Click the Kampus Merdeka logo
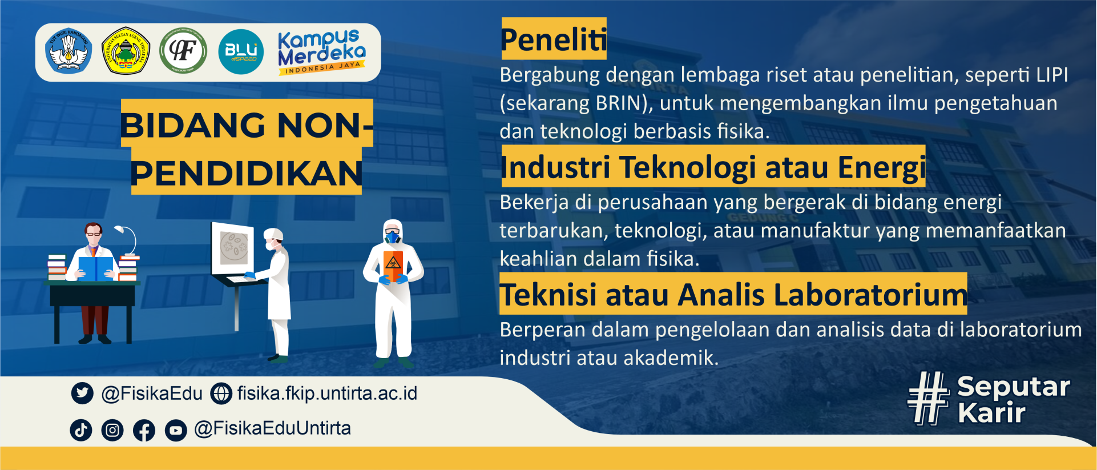322,52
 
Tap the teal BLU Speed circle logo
241,52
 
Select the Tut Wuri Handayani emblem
68,51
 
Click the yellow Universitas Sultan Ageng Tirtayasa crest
126,51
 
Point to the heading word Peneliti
553,39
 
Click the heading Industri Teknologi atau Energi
713,167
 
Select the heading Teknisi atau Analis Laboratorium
733,295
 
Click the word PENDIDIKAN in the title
247,174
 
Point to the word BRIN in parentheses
618,103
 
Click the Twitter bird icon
82,393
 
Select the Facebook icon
144,430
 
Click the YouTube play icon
176,430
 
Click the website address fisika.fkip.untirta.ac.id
327,393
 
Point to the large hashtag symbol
928,398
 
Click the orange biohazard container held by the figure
393,264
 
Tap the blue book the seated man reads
95,268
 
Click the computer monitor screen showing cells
233,248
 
